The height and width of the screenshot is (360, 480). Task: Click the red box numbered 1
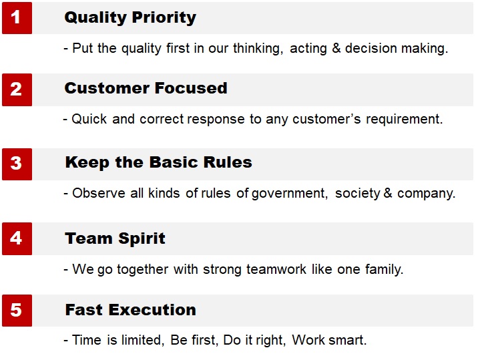(17, 18)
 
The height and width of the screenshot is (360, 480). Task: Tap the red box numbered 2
(17, 89)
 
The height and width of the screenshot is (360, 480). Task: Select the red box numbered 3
(17, 164)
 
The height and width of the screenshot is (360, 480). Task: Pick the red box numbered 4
(17, 238)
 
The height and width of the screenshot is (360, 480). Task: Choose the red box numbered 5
(17, 311)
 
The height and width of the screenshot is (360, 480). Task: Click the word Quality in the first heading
(95, 18)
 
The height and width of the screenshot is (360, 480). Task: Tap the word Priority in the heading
(164, 18)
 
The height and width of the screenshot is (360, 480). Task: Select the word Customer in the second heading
(107, 88)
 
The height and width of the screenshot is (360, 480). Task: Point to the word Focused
(191, 88)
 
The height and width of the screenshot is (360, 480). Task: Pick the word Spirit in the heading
(142, 238)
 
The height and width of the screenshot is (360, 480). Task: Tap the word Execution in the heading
(152, 310)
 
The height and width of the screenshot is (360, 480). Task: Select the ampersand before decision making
(336, 48)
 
